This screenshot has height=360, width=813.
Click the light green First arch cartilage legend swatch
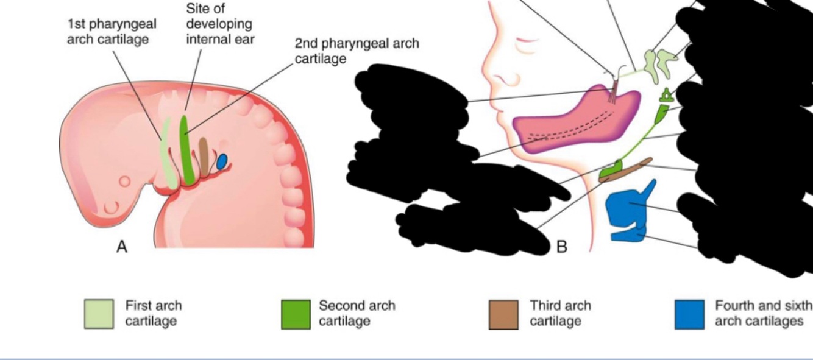[98, 314]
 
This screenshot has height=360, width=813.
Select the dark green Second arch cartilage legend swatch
[296, 314]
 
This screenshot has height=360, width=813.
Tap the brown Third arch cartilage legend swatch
[503, 314]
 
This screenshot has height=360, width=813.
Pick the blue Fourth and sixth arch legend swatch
[689, 314]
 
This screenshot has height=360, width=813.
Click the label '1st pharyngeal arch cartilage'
[112, 31]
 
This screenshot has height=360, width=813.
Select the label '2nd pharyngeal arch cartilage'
[357, 51]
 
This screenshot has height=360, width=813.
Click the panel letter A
[122, 247]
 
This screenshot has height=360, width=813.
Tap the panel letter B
[562, 246]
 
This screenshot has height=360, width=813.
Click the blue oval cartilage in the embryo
[222, 161]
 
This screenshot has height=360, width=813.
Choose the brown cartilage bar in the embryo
[204, 154]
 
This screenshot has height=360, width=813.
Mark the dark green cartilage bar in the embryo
[186, 149]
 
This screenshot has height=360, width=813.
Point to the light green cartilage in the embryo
[166, 155]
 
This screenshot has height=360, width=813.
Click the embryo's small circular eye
[124, 182]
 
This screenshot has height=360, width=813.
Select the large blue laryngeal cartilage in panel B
[628, 207]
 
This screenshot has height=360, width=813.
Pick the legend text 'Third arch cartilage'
[560, 313]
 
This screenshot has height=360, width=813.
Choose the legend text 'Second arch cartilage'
[357, 313]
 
